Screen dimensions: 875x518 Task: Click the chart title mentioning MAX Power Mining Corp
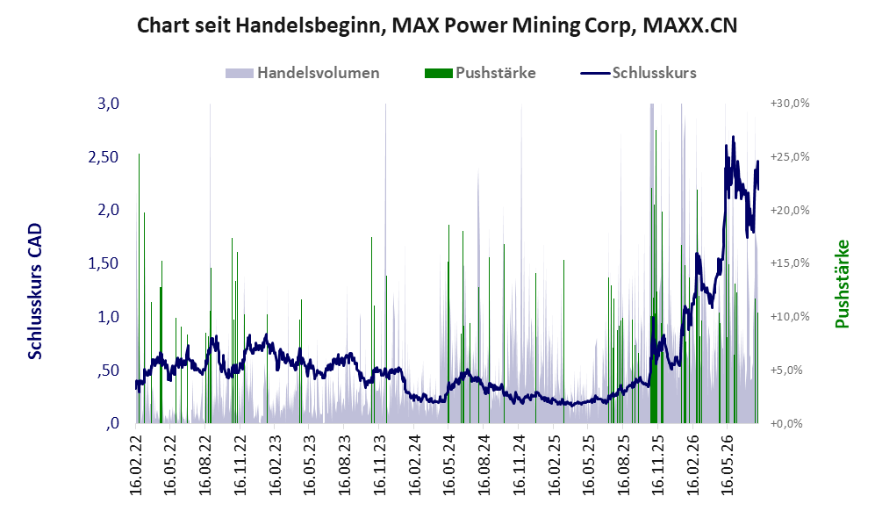click(437, 25)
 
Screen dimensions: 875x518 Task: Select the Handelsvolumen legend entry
click(303, 73)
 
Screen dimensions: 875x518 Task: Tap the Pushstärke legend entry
click(480, 73)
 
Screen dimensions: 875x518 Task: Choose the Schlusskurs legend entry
click(638, 73)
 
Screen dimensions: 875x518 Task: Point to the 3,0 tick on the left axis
click(108, 104)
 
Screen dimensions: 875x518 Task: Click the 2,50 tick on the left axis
click(104, 157)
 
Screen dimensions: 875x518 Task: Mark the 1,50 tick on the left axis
click(104, 263)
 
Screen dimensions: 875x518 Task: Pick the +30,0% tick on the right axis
click(790, 104)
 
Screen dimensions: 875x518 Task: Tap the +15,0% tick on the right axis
click(790, 263)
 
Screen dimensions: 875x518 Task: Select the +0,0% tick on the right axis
click(787, 423)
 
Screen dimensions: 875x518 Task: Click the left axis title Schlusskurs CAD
click(35, 291)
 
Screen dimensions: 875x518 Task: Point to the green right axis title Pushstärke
click(842, 284)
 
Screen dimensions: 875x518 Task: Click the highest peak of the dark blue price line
click(733, 136)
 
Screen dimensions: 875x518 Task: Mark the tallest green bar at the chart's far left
click(139, 288)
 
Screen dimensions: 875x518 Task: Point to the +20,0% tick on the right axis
click(790, 210)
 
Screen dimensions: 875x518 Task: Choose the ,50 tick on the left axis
click(108, 371)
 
